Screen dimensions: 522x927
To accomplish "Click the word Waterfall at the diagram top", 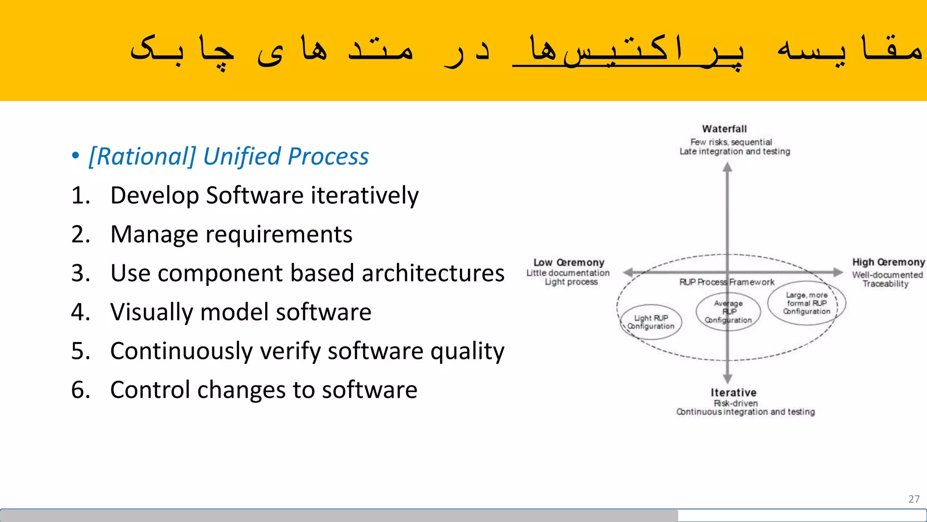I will tap(724, 129).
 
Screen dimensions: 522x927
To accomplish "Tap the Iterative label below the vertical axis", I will tap(733, 392).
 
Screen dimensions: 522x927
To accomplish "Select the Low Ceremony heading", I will tap(569, 263).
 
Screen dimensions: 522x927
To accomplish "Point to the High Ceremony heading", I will tap(889, 262).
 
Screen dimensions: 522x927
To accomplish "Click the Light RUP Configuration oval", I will tap(651, 322).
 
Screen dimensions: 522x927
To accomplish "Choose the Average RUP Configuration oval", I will tap(728, 312).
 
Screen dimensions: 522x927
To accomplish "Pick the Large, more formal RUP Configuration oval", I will tap(807, 303).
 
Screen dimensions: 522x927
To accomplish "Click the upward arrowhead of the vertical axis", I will tap(727, 168).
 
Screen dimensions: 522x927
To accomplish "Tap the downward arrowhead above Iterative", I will tap(727, 379).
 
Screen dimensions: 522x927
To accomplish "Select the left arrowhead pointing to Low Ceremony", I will tap(628, 272).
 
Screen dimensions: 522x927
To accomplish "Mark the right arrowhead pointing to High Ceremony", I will tap(838, 272).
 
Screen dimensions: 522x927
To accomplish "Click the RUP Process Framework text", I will tap(726, 282).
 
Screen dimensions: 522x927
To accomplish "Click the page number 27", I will tap(914, 499).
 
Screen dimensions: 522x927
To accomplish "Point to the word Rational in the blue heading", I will tap(142, 157).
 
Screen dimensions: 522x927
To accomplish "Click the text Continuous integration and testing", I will tap(745, 412).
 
